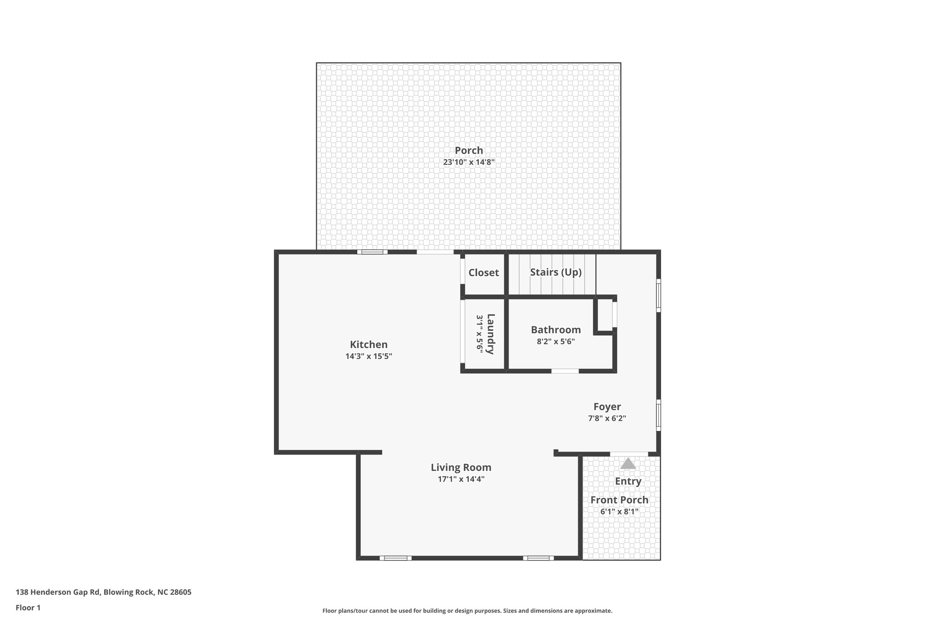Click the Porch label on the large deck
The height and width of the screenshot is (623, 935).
(x=468, y=150)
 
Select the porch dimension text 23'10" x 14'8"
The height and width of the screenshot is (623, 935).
(x=468, y=162)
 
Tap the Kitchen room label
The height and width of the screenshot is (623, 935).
(x=368, y=345)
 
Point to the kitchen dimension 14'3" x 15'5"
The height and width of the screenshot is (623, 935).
(x=368, y=356)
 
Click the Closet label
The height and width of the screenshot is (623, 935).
(x=483, y=272)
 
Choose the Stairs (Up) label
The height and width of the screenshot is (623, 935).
(x=556, y=272)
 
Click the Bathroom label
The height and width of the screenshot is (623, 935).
(x=556, y=330)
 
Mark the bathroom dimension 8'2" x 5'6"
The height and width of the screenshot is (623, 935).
(x=556, y=341)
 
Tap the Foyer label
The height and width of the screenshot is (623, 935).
(x=607, y=407)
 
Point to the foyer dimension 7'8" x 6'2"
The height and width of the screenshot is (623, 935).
(x=607, y=419)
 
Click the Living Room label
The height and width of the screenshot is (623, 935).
(x=461, y=467)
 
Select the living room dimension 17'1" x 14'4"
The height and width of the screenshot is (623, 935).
(x=461, y=479)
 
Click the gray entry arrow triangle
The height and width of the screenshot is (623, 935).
(x=628, y=464)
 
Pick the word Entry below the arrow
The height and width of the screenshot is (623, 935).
(x=628, y=481)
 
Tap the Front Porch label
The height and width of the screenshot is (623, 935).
(x=619, y=500)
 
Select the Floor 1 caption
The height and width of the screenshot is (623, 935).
(x=28, y=608)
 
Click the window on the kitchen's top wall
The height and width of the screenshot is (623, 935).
(x=372, y=251)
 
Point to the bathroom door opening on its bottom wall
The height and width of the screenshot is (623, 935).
(x=565, y=371)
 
